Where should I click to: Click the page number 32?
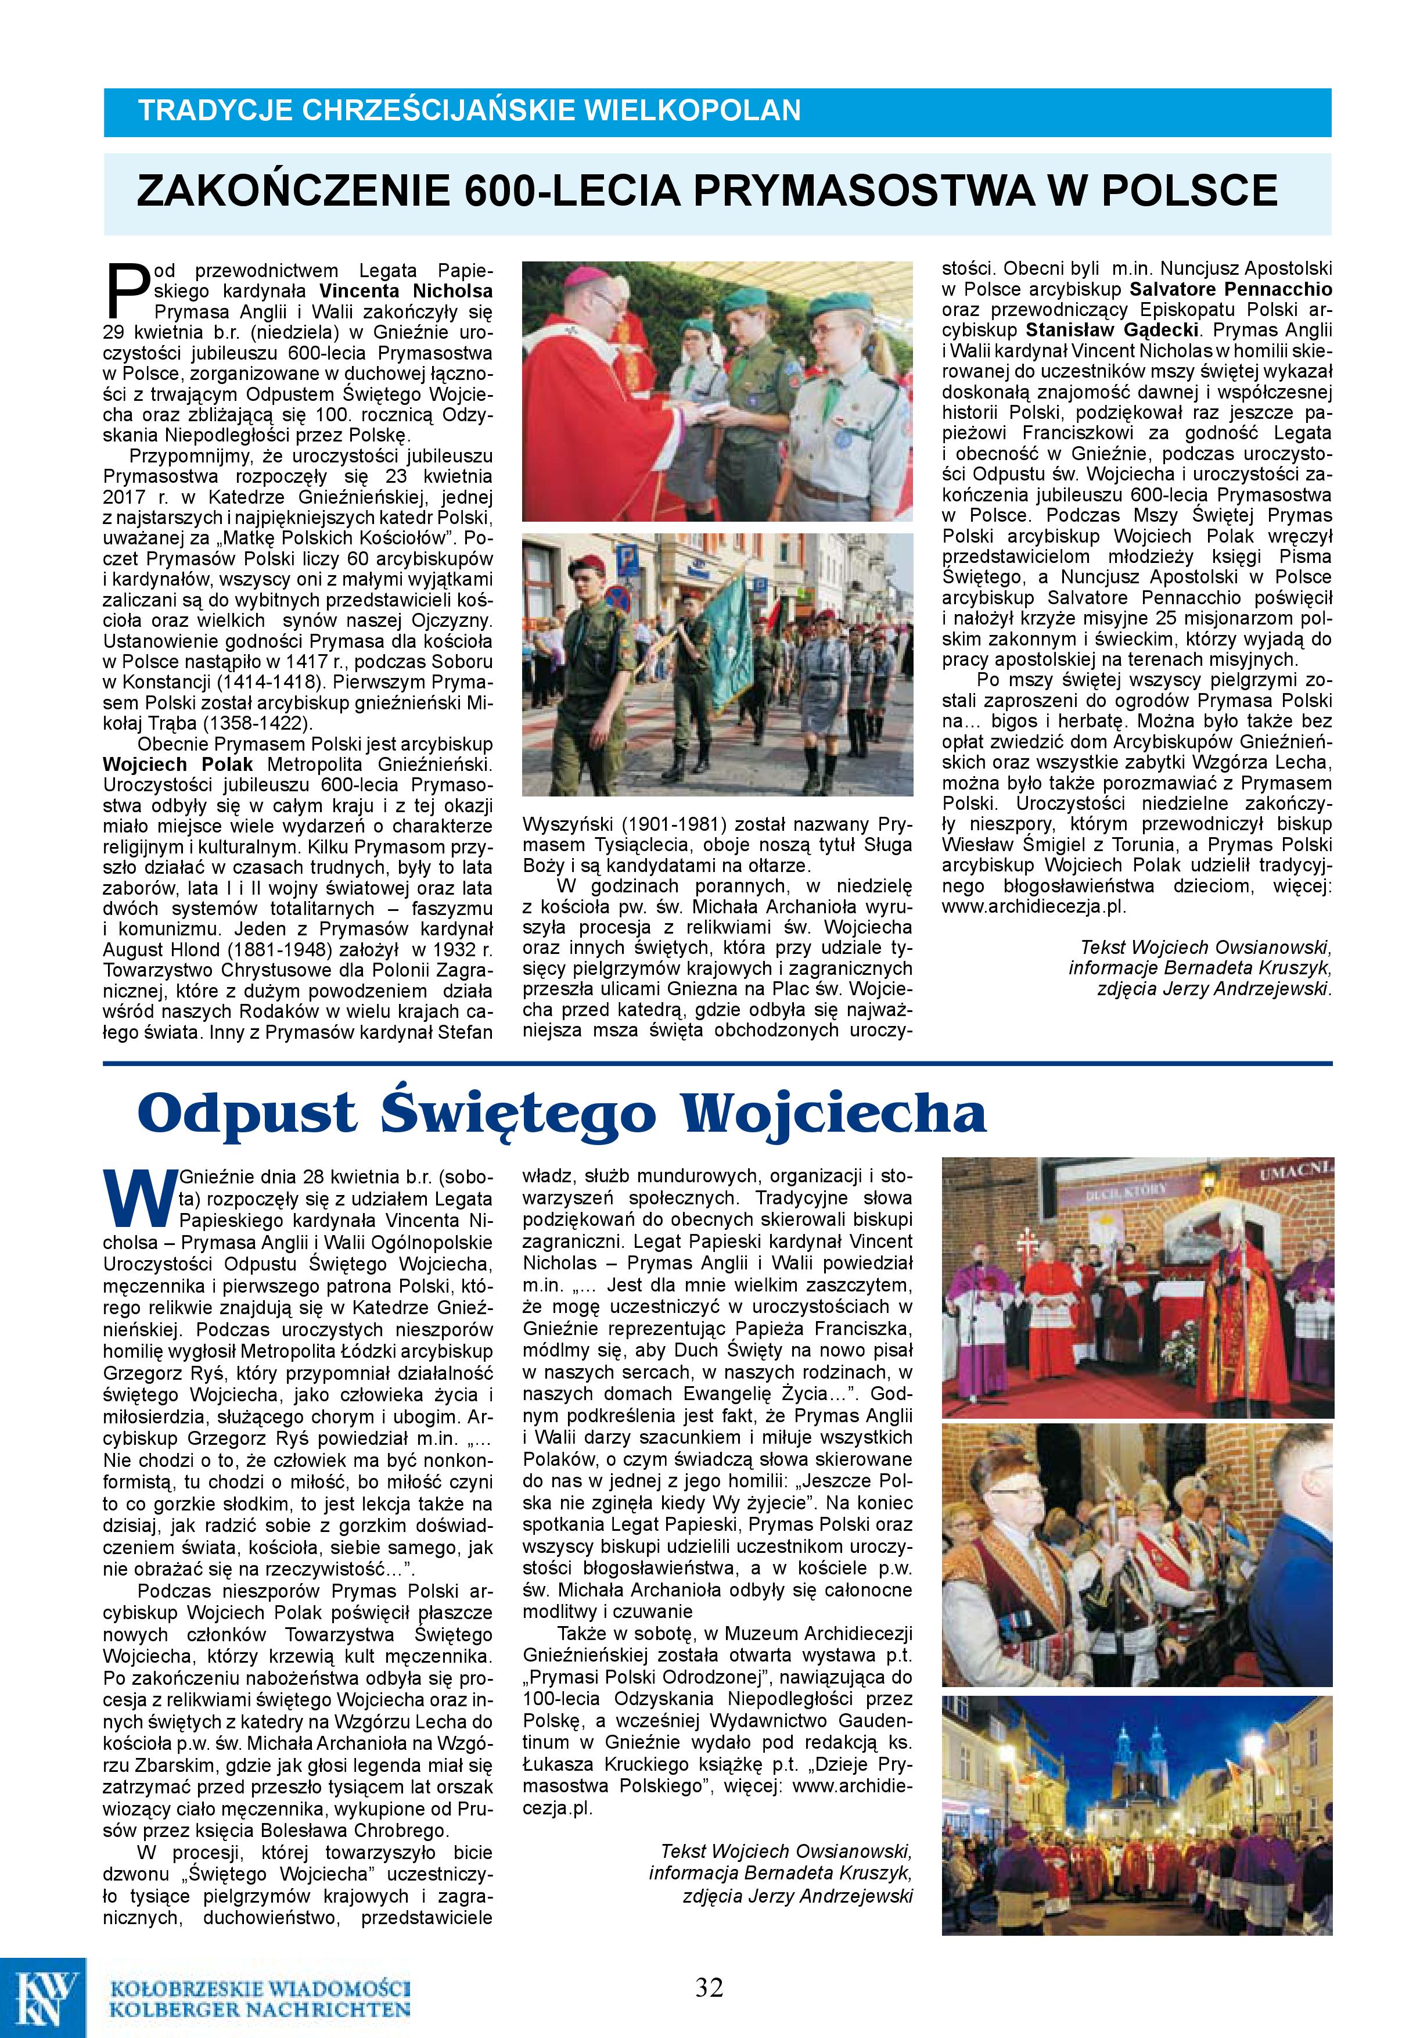[709, 1986]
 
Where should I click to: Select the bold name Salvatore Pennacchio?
[1230, 289]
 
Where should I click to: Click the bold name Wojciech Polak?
[178, 765]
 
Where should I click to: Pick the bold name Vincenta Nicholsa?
[405, 290]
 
